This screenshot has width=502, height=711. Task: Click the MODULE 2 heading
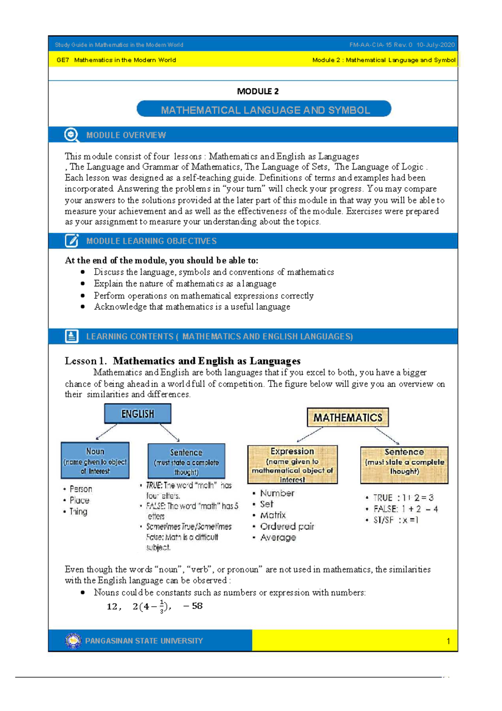coord(258,91)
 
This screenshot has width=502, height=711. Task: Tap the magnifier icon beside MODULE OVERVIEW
coord(72,135)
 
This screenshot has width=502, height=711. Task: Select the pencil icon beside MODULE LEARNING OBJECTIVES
coord(72,241)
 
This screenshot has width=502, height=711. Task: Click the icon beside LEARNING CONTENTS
coord(72,336)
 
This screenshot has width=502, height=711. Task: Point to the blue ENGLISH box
coord(138,414)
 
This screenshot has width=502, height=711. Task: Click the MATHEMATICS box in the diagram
coord(348,417)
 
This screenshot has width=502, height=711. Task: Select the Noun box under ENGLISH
coord(95,460)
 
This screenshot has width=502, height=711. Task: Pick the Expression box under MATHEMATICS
coord(292,464)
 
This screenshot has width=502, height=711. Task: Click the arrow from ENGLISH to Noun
coord(107,432)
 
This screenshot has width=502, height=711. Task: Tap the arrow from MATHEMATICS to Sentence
coord(387,436)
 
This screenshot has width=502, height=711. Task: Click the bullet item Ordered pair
coord(287,526)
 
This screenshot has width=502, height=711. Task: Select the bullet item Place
coord(79,500)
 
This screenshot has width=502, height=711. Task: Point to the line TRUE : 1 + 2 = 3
coord(402,498)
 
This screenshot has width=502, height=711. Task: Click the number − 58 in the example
coord(193,606)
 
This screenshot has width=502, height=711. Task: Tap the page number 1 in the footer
coord(448,641)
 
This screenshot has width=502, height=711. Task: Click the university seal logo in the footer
coord(73,641)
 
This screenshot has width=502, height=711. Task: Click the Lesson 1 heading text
coord(182,361)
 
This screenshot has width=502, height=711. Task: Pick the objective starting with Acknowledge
coord(192,307)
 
